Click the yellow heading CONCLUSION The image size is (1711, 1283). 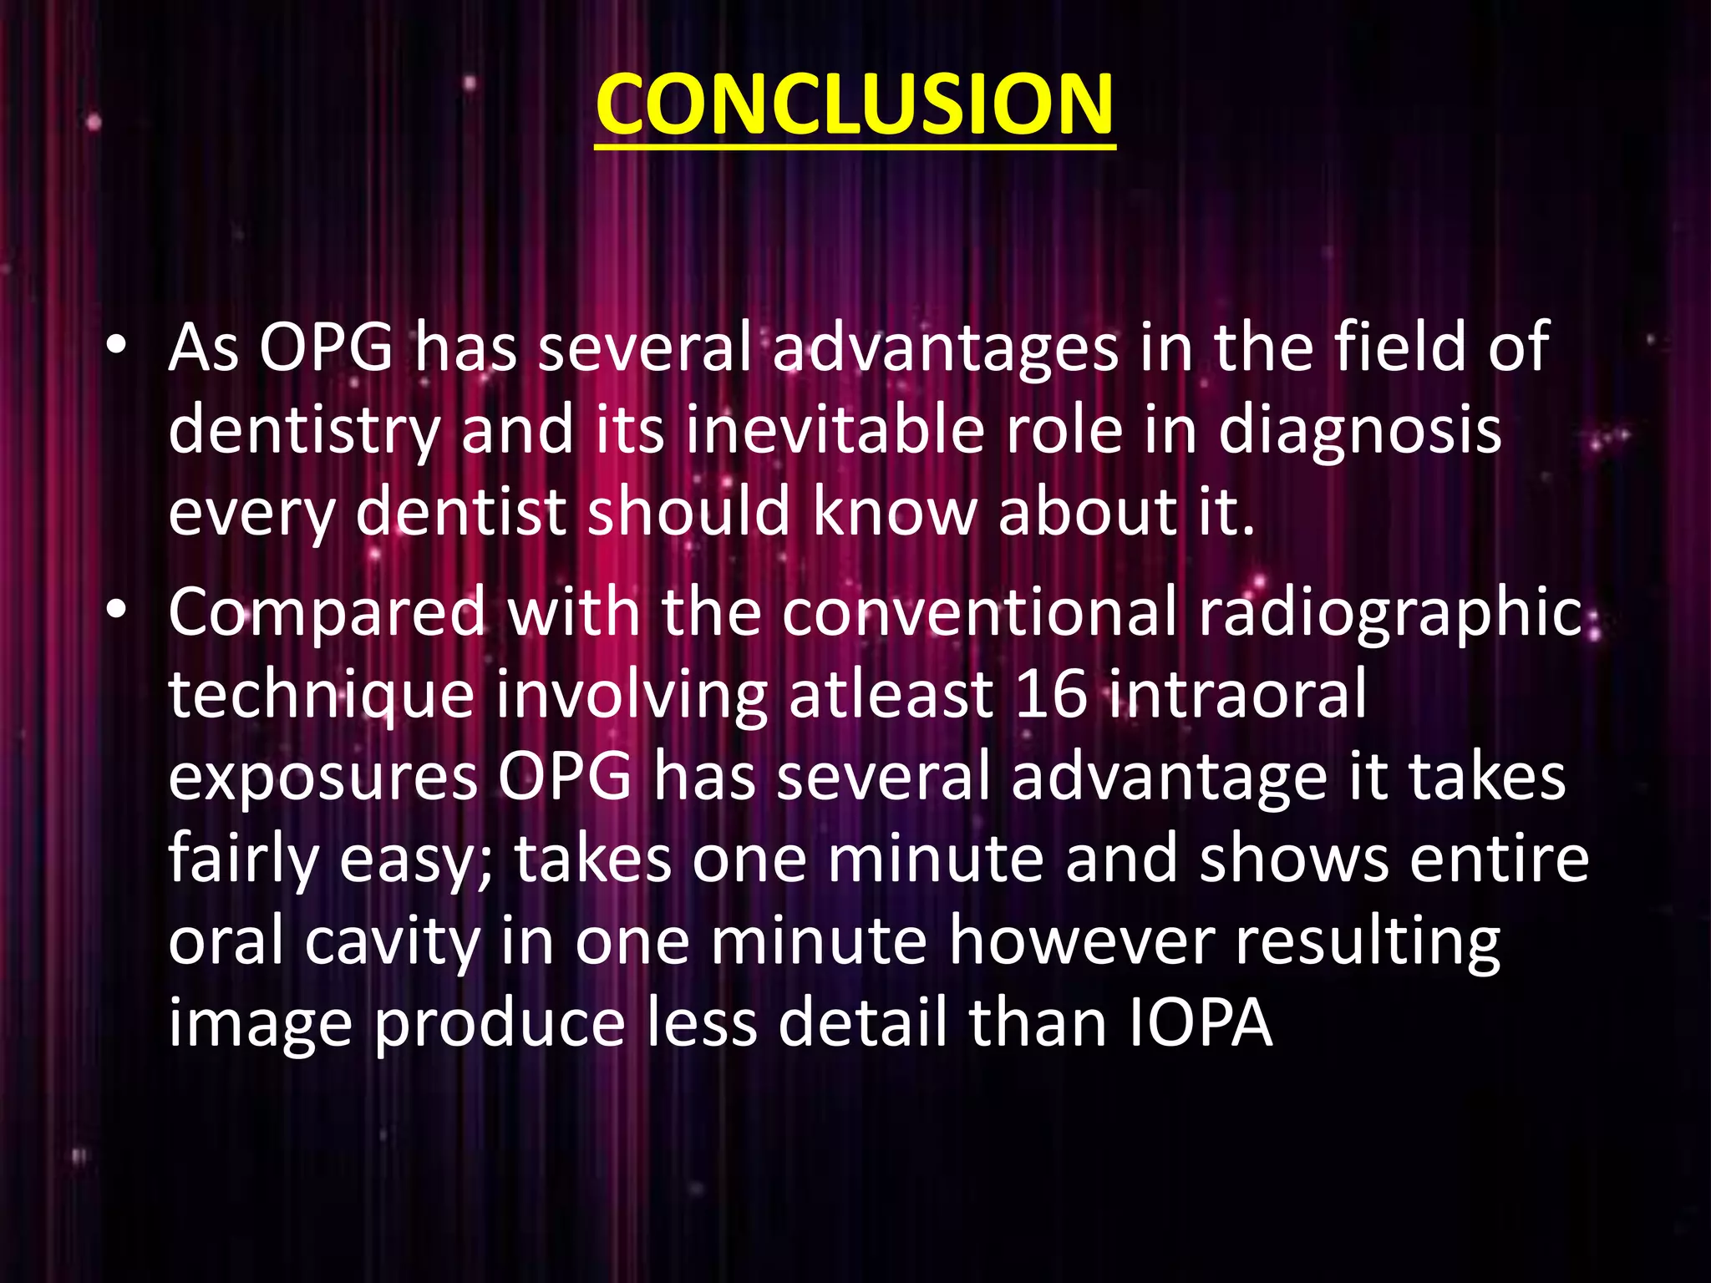855,104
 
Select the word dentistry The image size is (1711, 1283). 304,432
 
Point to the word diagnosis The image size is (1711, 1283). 1359,432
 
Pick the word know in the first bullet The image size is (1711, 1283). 894,512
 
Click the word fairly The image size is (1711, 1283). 243,860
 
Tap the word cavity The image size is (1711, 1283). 392,942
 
